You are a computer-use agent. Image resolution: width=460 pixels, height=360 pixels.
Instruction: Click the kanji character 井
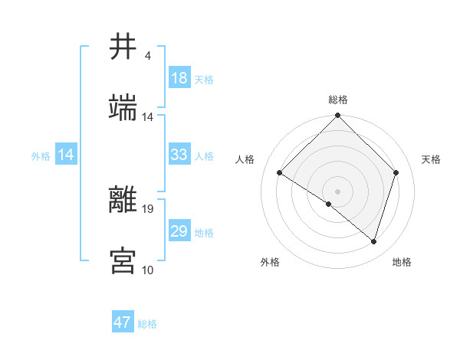coord(123,47)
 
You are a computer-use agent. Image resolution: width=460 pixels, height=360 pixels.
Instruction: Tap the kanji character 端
coord(123,108)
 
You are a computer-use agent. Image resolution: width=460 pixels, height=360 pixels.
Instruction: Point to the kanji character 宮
coord(123,260)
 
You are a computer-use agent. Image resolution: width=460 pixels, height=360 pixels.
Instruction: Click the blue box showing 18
coord(179,78)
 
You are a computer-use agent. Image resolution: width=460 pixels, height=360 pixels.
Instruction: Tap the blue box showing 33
coord(179,155)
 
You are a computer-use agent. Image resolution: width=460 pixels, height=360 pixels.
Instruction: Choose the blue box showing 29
coord(179,231)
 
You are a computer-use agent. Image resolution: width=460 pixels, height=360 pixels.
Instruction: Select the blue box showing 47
coord(123,322)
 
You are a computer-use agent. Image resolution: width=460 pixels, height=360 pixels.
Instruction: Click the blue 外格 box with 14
coord(66,155)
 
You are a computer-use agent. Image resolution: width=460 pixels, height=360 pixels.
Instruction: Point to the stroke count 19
coord(148,208)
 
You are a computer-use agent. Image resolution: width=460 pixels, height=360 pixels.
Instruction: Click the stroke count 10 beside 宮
coord(148,270)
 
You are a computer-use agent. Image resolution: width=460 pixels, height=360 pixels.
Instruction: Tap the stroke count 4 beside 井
coord(148,56)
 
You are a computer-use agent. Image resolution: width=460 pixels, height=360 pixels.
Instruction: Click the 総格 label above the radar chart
coord(337,100)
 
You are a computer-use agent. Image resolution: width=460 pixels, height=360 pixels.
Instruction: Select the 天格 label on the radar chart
coord(431,159)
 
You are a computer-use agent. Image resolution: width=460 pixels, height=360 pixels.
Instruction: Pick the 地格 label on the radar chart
coord(402,262)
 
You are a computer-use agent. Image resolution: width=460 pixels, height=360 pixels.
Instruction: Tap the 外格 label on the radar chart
coord(270,262)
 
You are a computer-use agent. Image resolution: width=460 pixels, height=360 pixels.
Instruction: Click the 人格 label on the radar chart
coord(245,159)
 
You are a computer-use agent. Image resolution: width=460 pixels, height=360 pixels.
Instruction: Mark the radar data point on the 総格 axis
coord(337,116)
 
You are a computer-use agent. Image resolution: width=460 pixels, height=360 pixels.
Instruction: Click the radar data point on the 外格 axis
coord(329,204)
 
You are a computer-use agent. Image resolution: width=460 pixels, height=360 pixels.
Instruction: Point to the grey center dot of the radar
coord(337,191)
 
